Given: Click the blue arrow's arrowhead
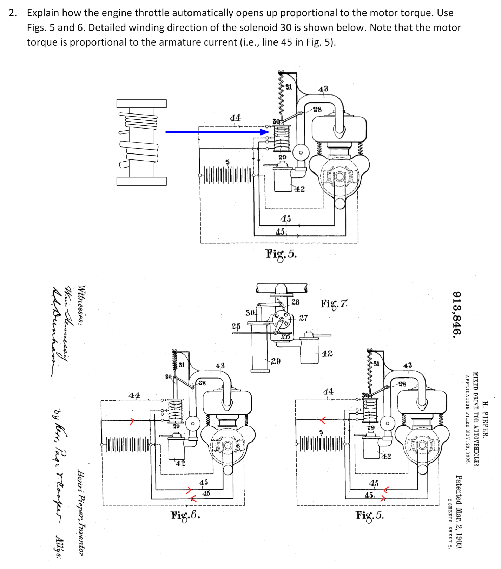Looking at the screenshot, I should pos(265,132).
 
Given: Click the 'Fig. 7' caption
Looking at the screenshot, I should pos(334,303).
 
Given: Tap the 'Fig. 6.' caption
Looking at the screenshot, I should pos(186,515).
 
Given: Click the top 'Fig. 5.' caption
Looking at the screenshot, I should pos(281,254).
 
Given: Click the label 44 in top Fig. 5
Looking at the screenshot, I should pos(235,118).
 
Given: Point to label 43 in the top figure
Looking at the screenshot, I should pos(323,89).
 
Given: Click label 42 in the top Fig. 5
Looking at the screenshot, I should pos(299,189).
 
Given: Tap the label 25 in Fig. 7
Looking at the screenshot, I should pos(236,326).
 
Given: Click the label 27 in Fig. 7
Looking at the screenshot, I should pos(303,318).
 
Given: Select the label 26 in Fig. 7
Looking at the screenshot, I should pos(286,336).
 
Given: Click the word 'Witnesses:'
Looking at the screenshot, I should pos(81,305).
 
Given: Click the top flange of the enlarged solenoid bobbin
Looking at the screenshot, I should pos(141,104).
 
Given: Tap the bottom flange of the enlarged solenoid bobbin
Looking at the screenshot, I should pos(141,181).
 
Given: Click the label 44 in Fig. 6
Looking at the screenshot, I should pos(134,395).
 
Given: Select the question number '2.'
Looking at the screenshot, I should pos(13,13).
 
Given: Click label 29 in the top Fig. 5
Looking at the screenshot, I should pos(283,157).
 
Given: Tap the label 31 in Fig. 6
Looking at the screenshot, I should pos(182,365).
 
